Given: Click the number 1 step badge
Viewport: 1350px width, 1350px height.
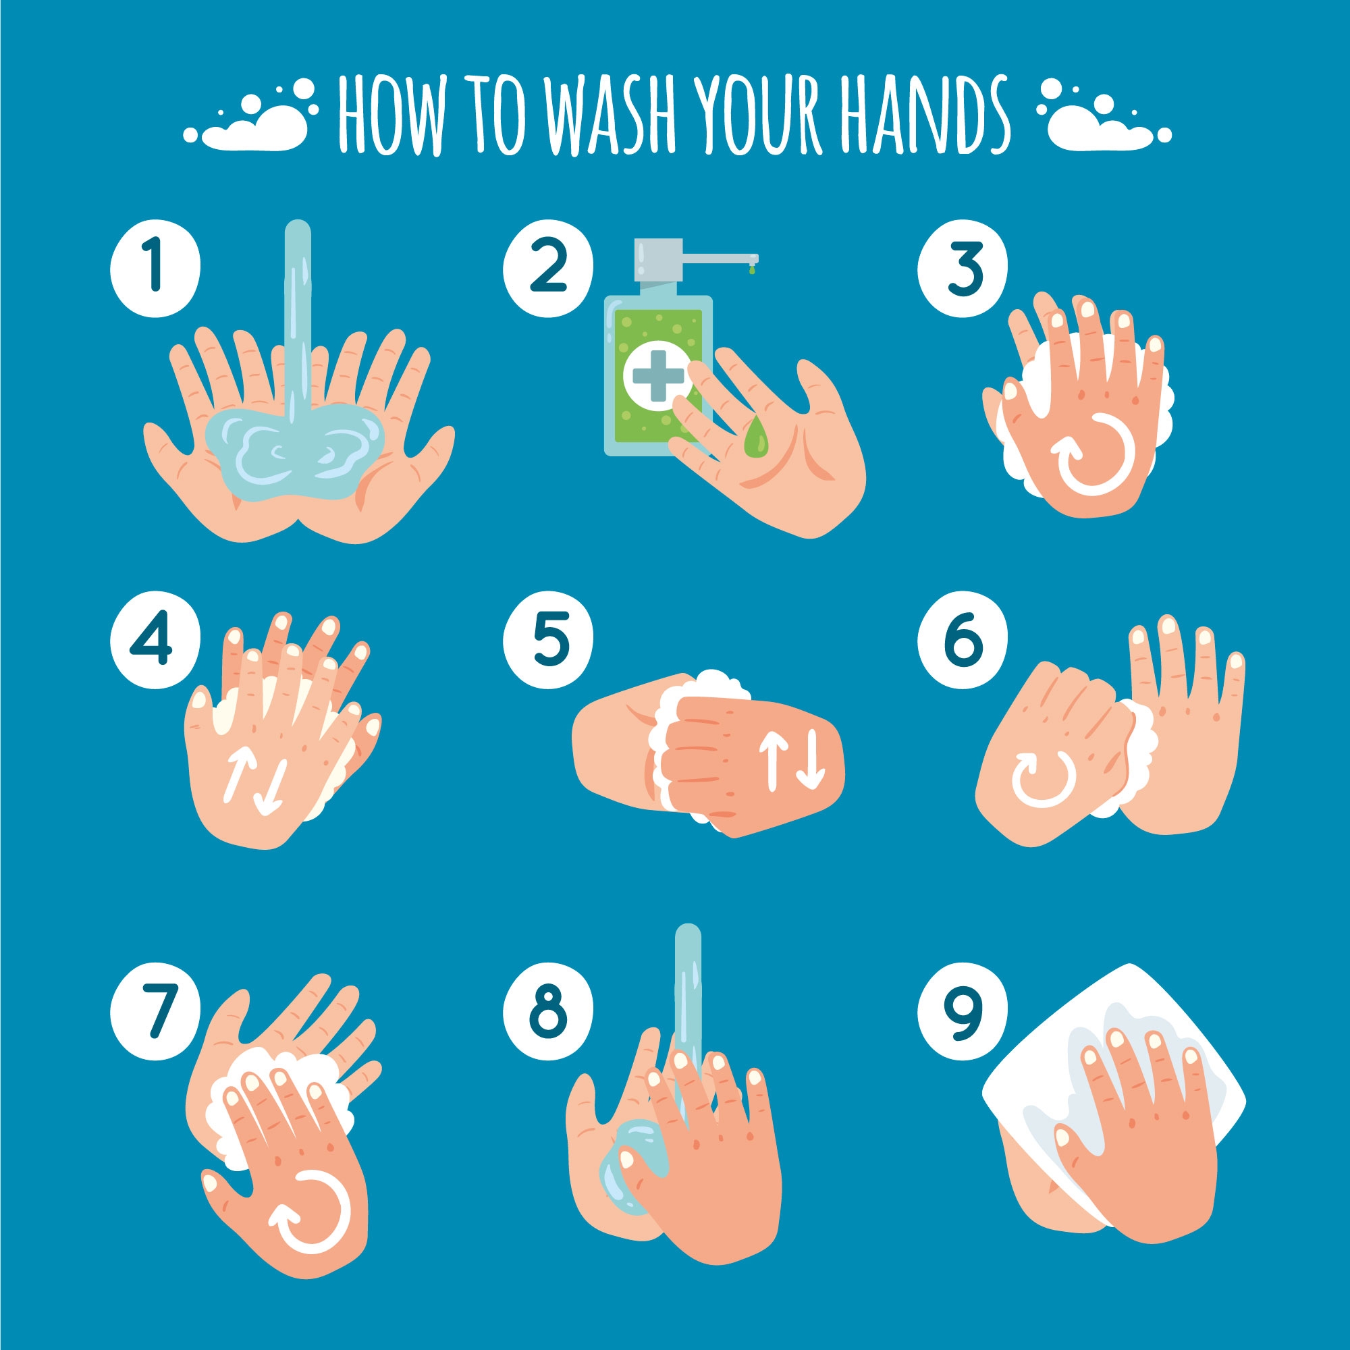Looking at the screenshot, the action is point(155,267).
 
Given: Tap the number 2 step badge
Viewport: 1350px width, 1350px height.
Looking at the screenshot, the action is point(548,267).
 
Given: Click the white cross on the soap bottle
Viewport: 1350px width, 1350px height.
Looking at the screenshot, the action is point(654,375).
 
